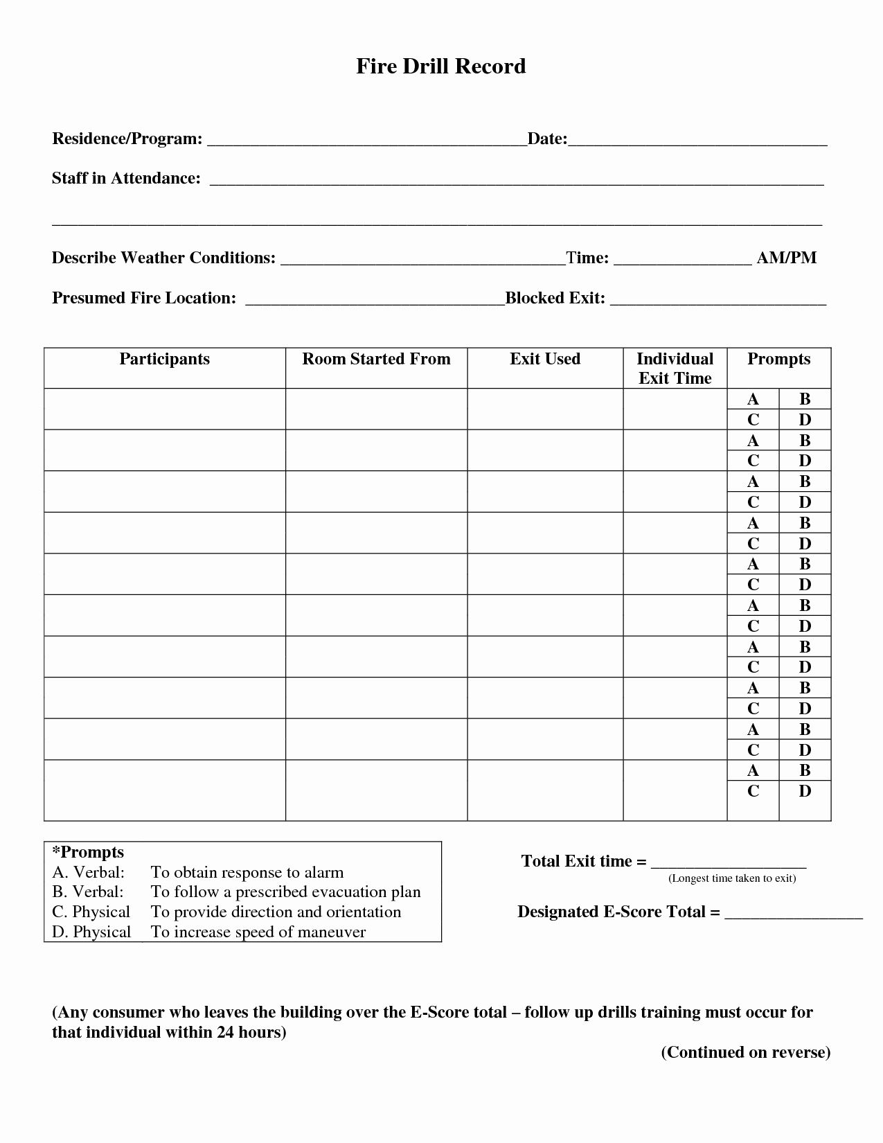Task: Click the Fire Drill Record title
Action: pos(441,67)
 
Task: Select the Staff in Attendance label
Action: pos(126,179)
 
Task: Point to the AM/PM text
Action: pos(787,258)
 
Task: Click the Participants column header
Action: pos(165,359)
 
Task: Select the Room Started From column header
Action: pos(376,359)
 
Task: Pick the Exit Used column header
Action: pos(545,359)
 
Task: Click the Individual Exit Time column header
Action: pos(675,369)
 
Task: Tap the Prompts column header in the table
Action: pos(778,359)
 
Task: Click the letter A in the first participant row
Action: pos(753,399)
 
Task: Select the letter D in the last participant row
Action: pos(805,791)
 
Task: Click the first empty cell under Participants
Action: pos(165,409)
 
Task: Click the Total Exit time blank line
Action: pos(729,865)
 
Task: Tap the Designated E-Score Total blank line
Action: pos(793,915)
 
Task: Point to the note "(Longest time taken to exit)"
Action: pos(732,878)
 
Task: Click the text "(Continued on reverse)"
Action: pos(746,1052)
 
